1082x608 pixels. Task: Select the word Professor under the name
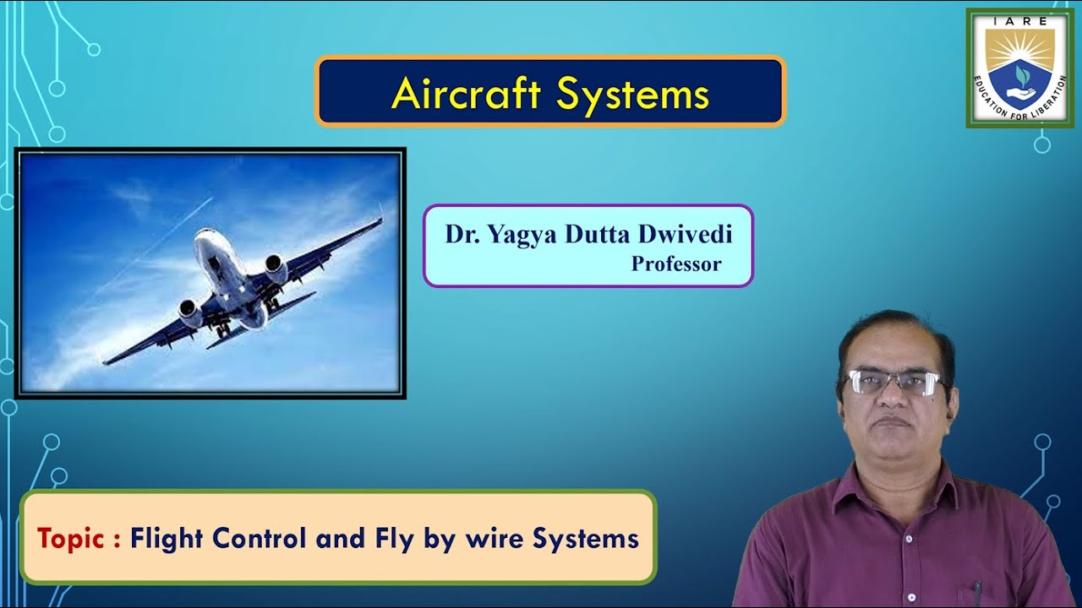click(676, 264)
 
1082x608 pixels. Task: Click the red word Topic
click(71, 539)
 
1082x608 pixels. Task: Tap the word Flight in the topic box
click(166, 539)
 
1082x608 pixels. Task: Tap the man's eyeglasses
click(894, 383)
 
